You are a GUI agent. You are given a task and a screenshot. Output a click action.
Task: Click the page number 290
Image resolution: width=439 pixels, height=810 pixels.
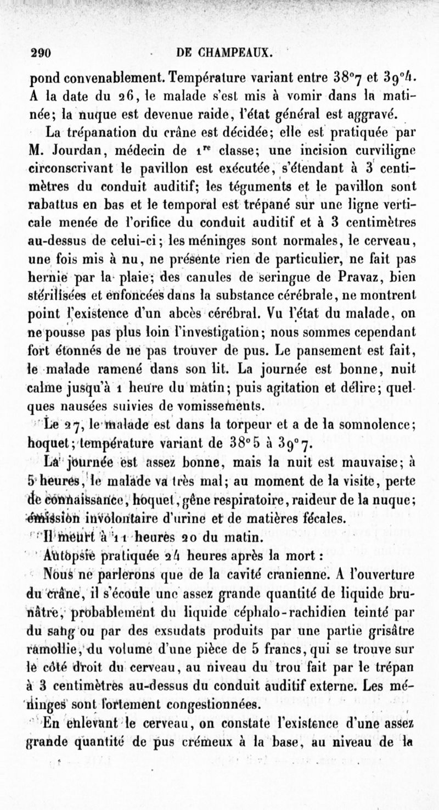40,53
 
